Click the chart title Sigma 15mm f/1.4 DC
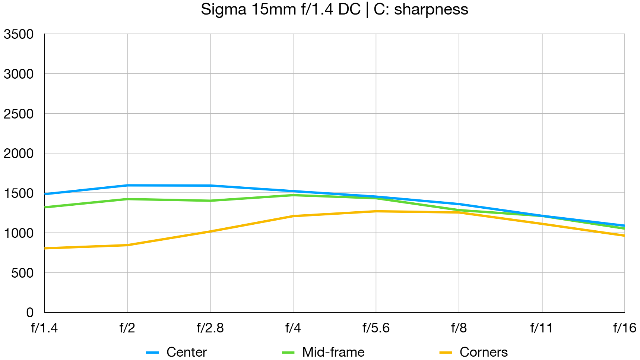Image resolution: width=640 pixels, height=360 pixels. coord(334,10)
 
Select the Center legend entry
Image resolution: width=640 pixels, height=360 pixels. coord(186,352)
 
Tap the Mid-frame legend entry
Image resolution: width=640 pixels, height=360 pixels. coord(333,352)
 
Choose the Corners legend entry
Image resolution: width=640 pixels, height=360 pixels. coord(483,352)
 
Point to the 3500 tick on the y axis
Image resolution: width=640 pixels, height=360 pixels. coord(19,34)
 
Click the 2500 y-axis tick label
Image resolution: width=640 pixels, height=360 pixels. coord(19,114)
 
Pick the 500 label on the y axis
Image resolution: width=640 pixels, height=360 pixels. coord(22,273)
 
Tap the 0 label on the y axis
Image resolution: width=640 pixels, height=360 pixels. coord(30,312)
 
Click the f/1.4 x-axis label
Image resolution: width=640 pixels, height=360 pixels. coord(44,328)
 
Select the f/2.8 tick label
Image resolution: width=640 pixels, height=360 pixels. coord(210,328)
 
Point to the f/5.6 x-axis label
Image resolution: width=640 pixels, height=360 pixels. coord(376,328)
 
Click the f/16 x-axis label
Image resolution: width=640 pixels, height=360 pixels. coord(624,328)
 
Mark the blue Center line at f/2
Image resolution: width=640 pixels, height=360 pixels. coord(127,185)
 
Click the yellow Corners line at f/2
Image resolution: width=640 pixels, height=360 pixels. coord(127,245)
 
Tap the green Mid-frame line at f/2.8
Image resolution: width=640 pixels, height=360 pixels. coord(210,200)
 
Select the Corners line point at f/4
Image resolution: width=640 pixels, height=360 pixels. coord(293,216)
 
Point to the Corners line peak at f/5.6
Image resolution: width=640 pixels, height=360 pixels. coord(376,211)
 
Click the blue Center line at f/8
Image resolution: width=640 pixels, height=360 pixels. coord(459,204)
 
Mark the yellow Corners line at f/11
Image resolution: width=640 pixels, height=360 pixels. coord(542,224)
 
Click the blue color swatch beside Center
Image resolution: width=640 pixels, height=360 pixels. coord(152,352)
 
